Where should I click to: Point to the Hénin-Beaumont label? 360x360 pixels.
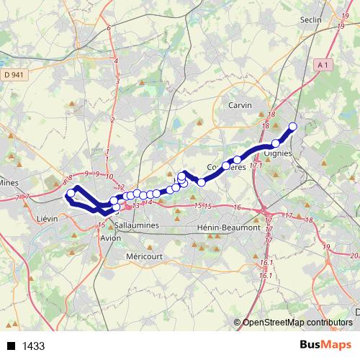[228, 228]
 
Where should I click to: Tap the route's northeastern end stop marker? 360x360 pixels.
[293, 127]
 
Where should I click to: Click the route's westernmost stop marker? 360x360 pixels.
[71, 194]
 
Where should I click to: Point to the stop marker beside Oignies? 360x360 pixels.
[276, 143]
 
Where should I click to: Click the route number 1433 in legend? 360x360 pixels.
[34, 346]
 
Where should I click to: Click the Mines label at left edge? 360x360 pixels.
[9, 183]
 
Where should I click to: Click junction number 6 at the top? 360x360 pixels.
[109, 28]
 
